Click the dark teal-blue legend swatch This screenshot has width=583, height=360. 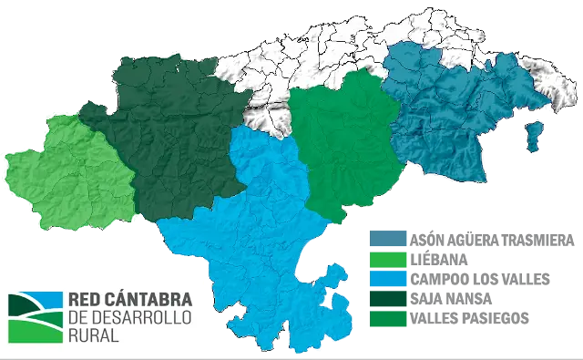(x=386, y=239)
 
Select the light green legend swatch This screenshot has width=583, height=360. (x=386, y=259)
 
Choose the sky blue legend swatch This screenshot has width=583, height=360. (x=386, y=279)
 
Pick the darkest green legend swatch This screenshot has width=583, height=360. (x=386, y=299)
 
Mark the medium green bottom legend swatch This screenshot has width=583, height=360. (x=386, y=318)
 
